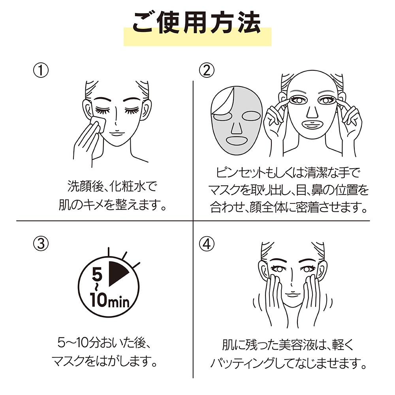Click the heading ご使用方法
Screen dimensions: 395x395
tap(197, 23)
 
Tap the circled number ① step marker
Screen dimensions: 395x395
tap(41, 70)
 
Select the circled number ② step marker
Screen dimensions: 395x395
tap(207, 70)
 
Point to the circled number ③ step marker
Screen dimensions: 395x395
tap(41, 244)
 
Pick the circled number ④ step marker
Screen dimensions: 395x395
tap(207, 244)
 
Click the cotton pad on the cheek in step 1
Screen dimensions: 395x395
tap(98, 124)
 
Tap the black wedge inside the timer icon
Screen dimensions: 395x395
tap(118, 274)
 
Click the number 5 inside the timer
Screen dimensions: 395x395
tap(97, 275)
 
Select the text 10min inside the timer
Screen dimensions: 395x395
tap(109, 301)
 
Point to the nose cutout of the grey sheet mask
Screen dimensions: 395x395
tap(236, 128)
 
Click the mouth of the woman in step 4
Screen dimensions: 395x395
tap(292, 295)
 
